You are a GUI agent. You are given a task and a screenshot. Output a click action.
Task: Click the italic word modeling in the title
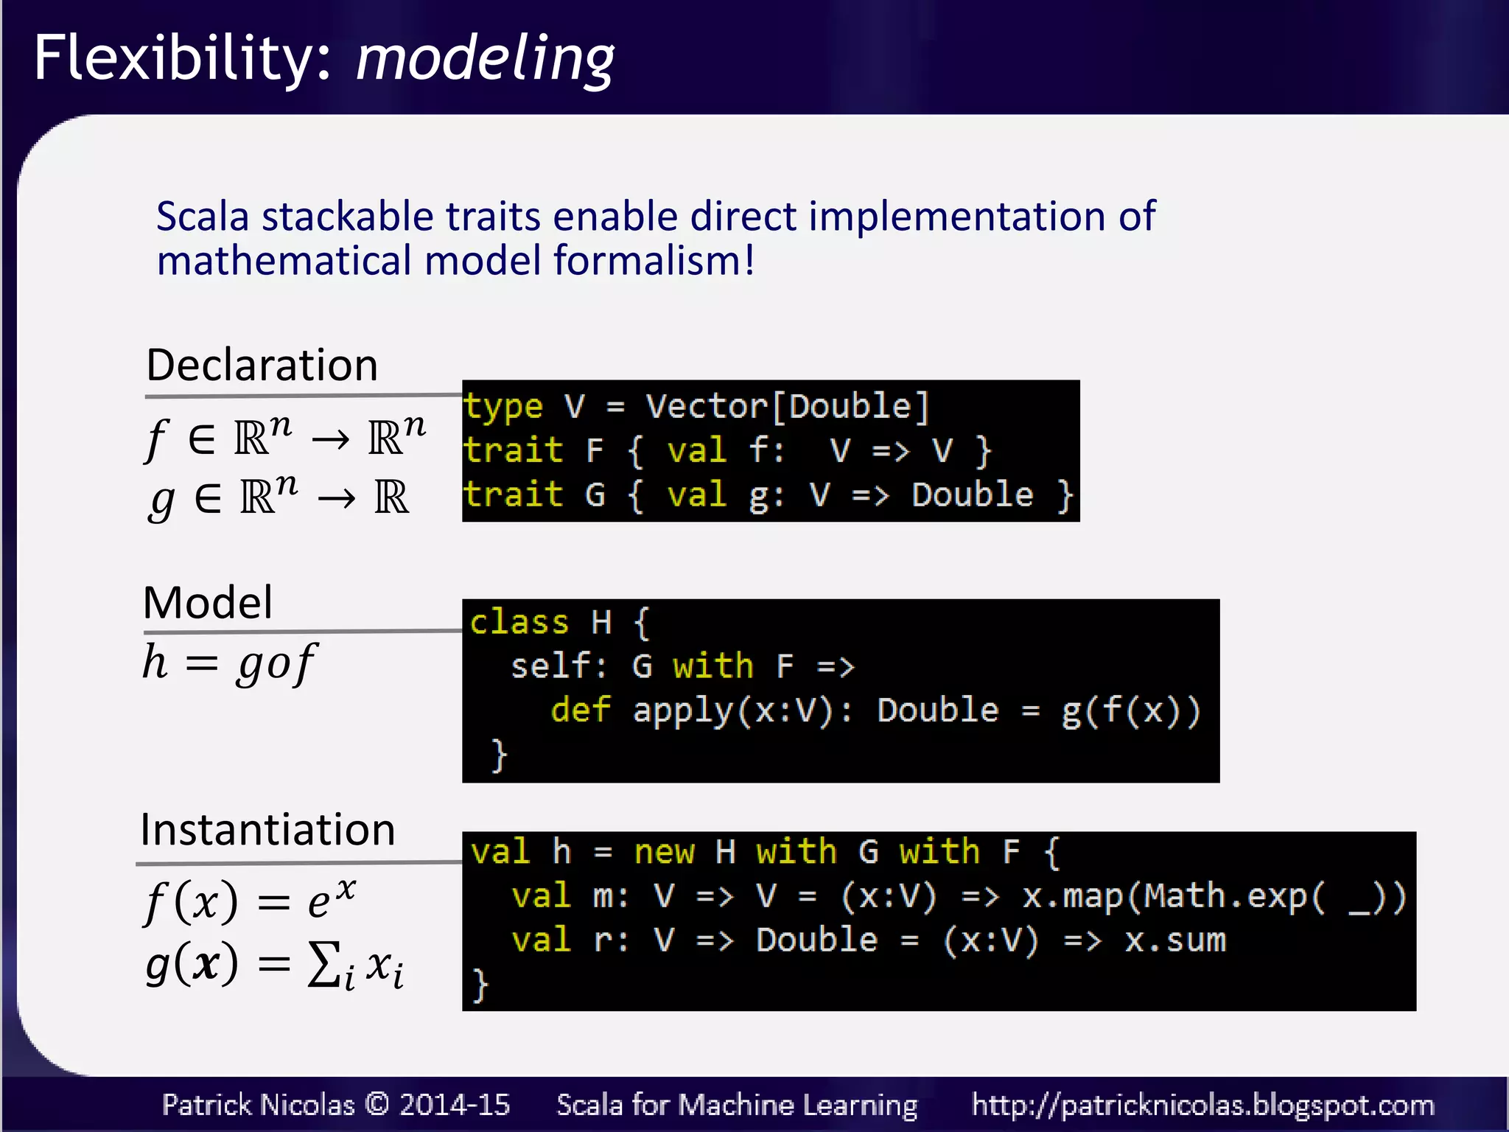485,59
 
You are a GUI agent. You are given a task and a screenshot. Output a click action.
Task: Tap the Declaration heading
262,365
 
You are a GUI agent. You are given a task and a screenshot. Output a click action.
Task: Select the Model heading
208,603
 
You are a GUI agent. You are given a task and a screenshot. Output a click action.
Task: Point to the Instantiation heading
267,830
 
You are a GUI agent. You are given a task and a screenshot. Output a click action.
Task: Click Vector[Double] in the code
787,407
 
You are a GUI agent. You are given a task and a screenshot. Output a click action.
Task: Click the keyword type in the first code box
503,407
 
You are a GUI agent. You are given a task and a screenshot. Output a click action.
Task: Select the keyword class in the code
519,623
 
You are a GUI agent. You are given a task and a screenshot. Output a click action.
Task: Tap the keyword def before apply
581,710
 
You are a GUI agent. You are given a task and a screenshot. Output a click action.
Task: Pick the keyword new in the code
664,853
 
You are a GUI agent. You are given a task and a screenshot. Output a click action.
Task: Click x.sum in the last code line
1175,941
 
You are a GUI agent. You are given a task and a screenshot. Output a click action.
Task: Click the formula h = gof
229,663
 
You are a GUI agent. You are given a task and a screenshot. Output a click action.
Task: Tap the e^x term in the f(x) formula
332,899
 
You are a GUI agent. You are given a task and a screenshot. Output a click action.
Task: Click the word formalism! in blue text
654,262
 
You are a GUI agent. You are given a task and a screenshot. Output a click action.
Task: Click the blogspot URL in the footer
1202,1105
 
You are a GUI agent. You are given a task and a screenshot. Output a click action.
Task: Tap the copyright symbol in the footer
377,1104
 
